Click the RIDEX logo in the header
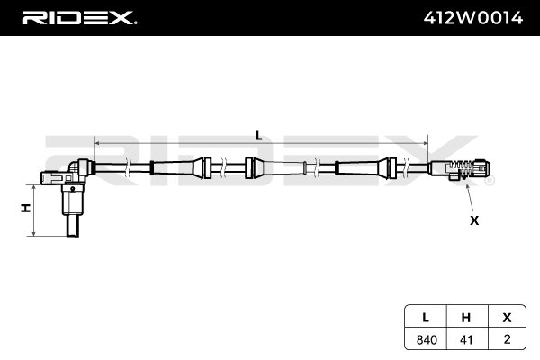click(79, 17)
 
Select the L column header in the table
click(426, 318)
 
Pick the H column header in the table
click(465, 318)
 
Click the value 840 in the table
click(426, 340)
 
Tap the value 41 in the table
click(465, 340)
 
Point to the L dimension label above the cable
click(259, 135)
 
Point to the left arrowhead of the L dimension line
click(97, 142)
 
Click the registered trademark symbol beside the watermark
click(490, 181)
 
